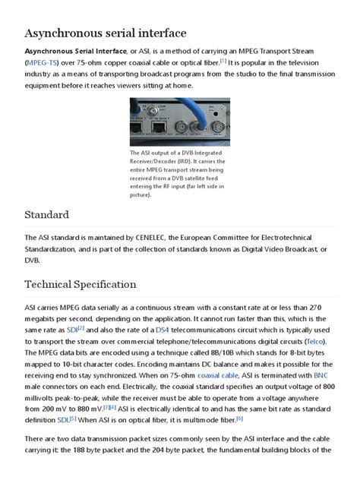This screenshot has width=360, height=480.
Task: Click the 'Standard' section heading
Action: (47, 215)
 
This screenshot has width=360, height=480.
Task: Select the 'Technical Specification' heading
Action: (81, 285)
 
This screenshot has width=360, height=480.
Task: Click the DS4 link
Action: (163, 330)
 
